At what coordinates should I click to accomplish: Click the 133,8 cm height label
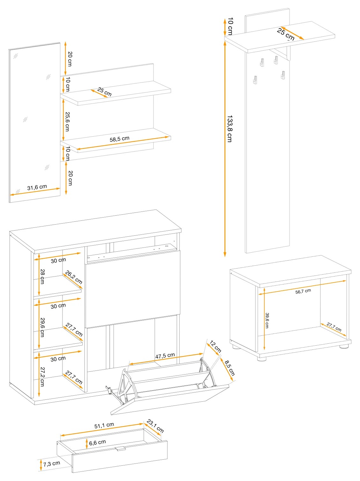[x=230, y=129]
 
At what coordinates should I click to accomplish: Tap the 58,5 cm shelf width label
[x=120, y=139]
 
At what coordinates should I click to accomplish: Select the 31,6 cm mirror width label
[x=37, y=187]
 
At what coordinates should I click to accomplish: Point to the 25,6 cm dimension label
[x=67, y=122]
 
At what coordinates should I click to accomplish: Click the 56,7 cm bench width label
[x=303, y=291]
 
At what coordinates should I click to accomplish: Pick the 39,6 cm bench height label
[x=267, y=320]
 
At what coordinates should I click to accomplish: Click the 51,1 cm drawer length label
[x=104, y=425]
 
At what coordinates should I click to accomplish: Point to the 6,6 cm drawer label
[x=97, y=443]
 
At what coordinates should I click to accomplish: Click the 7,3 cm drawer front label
[x=52, y=463]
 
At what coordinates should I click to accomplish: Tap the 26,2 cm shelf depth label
[x=74, y=277]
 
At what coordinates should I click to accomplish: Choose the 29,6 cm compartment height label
[x=42, y=327]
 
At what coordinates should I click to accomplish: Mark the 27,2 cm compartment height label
[x=42, y=377]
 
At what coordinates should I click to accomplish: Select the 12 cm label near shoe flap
[x=215, y=347]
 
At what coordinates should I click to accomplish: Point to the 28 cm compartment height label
[x=42, y=276]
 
